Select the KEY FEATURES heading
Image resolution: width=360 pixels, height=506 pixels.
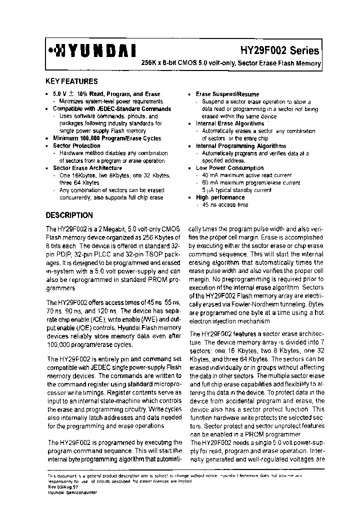[71, 81]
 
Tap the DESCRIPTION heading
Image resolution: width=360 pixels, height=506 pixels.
[69, 215]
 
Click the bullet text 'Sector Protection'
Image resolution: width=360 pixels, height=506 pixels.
[76, 146]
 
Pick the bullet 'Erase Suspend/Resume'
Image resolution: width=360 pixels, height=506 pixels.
[227, 94]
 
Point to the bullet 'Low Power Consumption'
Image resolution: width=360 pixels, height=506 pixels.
[229, 168]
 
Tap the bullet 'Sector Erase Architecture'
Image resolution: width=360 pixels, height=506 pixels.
[87, 168]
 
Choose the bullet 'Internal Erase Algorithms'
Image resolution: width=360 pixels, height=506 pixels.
[229, 123]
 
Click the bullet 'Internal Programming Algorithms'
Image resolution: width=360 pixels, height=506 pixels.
[240, 146]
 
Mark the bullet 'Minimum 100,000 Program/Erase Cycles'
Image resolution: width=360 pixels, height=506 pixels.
[107, 138]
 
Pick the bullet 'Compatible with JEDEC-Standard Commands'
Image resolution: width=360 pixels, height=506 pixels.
[111, 108]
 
